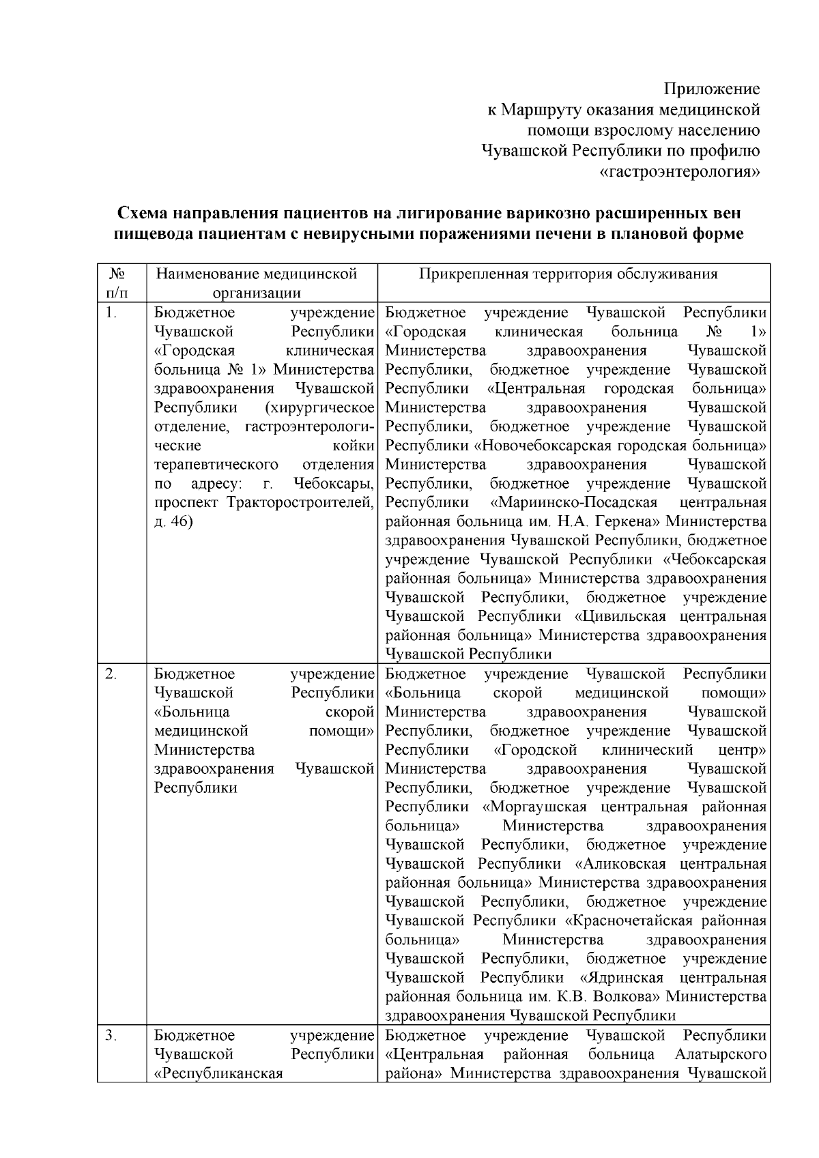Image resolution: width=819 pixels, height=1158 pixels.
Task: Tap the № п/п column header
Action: pos(117,283)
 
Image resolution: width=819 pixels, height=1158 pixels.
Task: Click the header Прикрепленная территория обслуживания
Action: pos(569,274)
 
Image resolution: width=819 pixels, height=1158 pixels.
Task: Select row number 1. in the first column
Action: pos(112,313)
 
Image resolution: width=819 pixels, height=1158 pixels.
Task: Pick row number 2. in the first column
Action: pos(112,674)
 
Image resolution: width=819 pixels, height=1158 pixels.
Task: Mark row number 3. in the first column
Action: pos(112,1035)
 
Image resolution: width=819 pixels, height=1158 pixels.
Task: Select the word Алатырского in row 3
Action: pos(721,1054)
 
